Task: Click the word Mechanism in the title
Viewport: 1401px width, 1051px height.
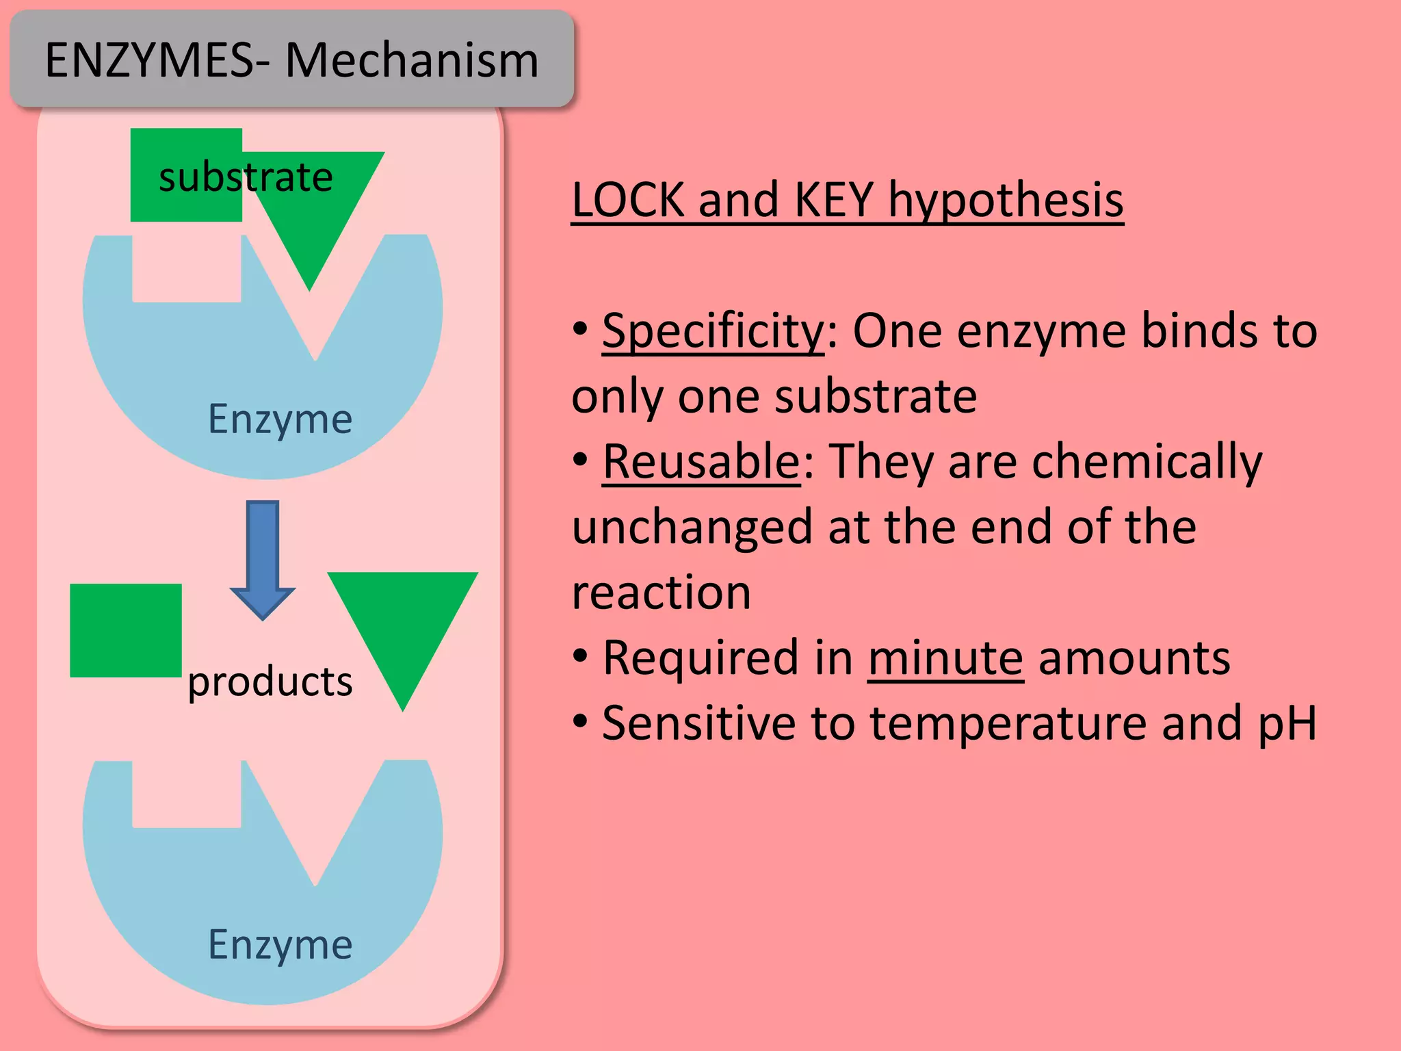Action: point(412,60)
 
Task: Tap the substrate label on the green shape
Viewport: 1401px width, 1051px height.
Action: point(246,177)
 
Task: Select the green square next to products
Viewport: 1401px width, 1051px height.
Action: point(126,630)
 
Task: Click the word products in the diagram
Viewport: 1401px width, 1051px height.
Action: point(270,682)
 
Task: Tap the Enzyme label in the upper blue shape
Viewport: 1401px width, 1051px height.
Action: point(280,419)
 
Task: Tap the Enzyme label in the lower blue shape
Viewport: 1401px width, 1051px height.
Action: point(280,945)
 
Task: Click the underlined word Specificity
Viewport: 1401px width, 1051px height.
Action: point(713,330)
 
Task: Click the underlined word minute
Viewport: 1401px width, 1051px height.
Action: point(945,658)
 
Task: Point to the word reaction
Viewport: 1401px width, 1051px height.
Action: point(661,593)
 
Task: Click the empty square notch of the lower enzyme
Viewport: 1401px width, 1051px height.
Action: point(186,794)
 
